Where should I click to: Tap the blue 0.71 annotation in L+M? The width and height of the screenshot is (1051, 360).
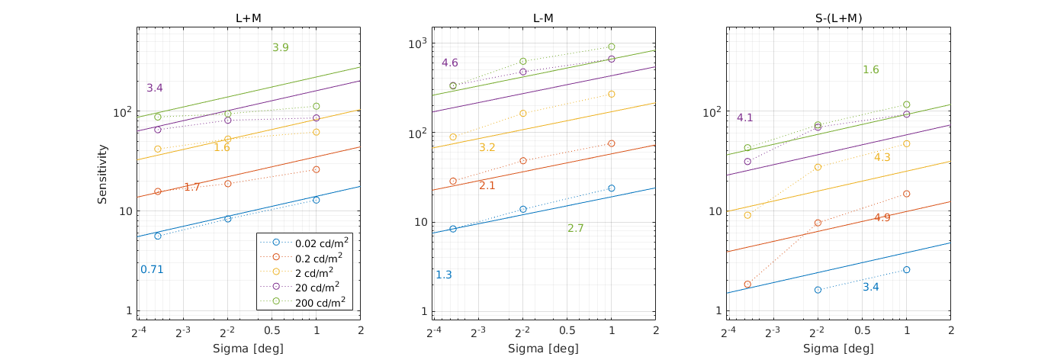click(152, 269)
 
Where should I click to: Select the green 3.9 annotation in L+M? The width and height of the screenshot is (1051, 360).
click(280, 47)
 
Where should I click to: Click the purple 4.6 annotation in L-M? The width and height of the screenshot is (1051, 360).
click(450, 63)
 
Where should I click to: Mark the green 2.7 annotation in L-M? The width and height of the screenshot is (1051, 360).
click(576, 228)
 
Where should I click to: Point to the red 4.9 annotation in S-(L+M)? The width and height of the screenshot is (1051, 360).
click(882, 217)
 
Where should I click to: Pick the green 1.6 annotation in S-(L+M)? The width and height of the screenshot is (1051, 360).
click(871, 69)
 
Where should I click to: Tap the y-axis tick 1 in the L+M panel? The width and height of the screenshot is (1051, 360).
click(127, 310)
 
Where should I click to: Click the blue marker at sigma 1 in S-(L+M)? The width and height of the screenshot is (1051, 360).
click(906, 269)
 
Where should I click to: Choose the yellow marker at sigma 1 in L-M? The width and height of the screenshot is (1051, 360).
click(611, 94)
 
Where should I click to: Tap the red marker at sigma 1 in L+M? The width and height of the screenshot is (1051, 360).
click(316, 169)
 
